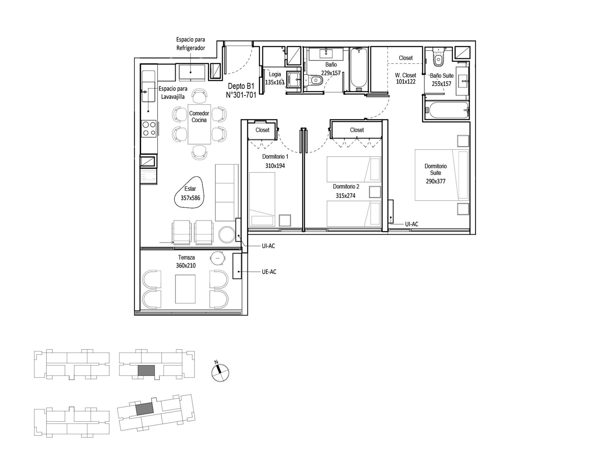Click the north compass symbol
pyautogui.click(x=220, y=372)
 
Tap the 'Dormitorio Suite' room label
pyautogui.click(x=435, y=170)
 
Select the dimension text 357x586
pyautogui.click(x=190, y=198)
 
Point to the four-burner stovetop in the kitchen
pyautogui.click(x=149, y=129)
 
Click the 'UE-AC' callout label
pyautogui.click(x=269, y=272)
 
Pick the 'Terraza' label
pyautogui.click(x=186, y=257)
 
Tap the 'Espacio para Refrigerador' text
pyautogui.click(x=191, y=44)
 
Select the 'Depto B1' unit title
pyautogui.click(x=241, y=86)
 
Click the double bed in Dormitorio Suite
pyautogui.click(x=442, y=175)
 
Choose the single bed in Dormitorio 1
pyautogui.click(x=262, y=199)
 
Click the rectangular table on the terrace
pyautogui.click(x=185, y=289)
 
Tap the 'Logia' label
pyautogui.click(x=275, y=74)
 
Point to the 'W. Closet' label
pyautogui.click(x=405, y=75)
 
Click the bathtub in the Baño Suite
pyautogui.click(x=447, y=110)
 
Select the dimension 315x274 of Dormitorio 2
pyautogui.click(x=345, y=196)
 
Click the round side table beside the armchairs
pyautogui.click(x=227, y=234)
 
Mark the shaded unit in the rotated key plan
pyautogui.click(x=145, y=408)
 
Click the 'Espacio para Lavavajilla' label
pyautogui.click(x=173, y=93)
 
